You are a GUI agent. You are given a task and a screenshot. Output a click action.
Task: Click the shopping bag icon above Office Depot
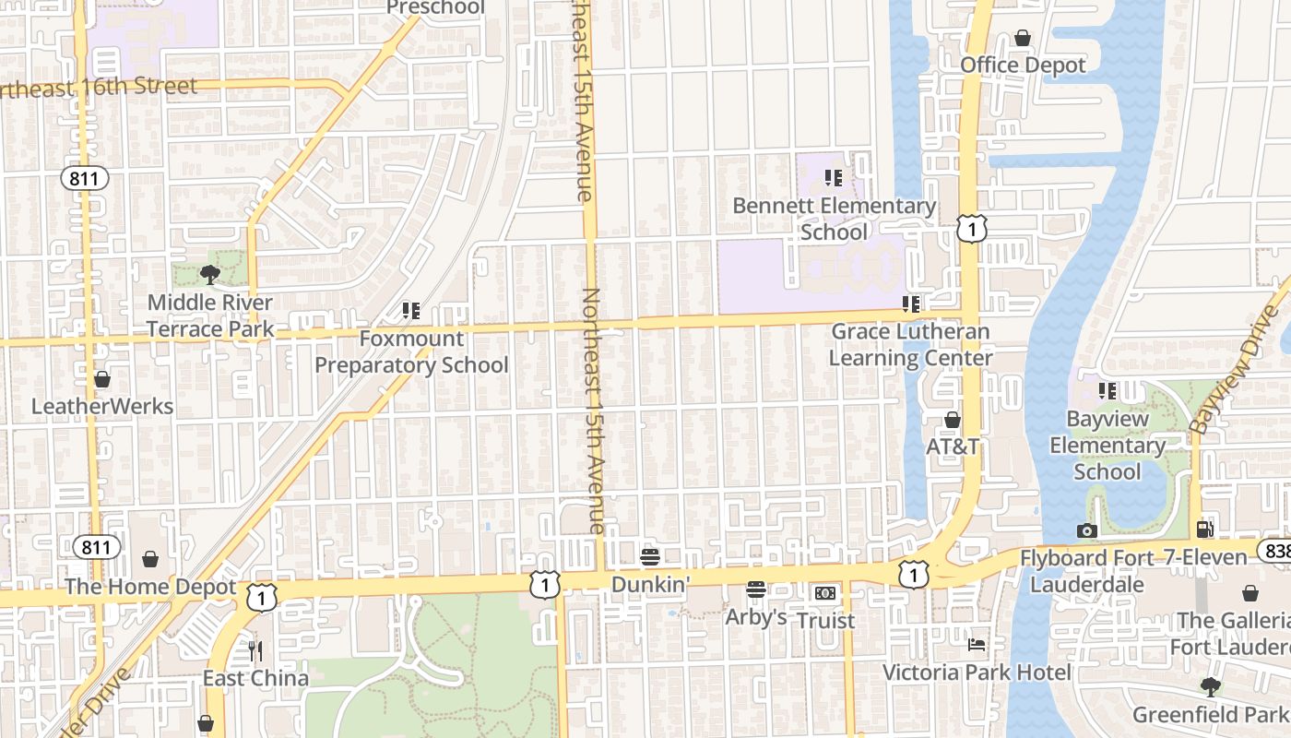(1022, 38)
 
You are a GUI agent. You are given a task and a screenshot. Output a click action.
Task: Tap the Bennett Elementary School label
(834, 219)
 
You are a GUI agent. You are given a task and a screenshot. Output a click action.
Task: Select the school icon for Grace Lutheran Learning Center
(911, 304)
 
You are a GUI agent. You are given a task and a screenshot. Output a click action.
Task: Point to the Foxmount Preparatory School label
(411, 351)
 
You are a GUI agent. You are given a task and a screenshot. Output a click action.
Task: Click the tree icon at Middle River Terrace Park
(209, 274)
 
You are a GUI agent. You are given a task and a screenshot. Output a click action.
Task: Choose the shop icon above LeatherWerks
(102, 379)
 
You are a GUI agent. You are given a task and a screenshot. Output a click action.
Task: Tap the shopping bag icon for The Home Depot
(150, 560)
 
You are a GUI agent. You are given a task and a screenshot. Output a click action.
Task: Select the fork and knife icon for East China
(255, 651)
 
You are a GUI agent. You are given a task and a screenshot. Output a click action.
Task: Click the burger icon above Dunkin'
(650, 556)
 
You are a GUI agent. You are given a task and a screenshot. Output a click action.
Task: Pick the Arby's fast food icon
(756, 589)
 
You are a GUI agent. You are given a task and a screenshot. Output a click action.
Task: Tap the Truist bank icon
(825, 593)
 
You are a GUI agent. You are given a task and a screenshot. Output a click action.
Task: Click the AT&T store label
(953, 446)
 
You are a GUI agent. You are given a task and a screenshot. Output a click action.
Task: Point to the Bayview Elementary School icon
(1107, 391)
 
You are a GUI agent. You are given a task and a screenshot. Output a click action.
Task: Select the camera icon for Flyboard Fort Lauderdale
(1087, 530)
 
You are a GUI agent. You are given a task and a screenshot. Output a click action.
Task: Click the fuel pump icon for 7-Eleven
(1204, 530)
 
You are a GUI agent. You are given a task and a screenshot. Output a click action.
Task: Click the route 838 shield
(1276, 551)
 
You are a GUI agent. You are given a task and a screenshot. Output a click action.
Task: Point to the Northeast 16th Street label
(99, 88)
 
